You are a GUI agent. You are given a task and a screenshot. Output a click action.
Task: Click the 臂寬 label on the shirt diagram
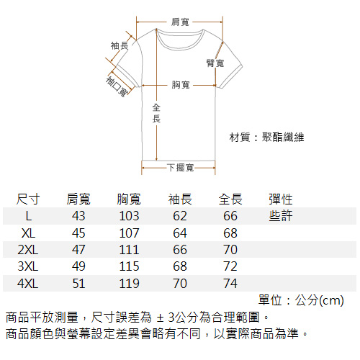point(215,63)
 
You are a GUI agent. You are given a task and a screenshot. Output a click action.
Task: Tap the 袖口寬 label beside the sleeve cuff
point(117,86)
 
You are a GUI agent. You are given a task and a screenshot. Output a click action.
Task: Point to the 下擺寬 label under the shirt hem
point(181,168)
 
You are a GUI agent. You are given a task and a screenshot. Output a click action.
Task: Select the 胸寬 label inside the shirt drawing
point(181,85)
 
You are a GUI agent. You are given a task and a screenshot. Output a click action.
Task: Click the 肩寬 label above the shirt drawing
point(180,22)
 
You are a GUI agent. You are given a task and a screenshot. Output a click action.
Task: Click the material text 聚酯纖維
point(283,138)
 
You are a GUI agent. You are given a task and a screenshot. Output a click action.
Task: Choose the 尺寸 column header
point(28,199)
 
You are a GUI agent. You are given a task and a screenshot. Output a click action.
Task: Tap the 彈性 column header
point(281,199)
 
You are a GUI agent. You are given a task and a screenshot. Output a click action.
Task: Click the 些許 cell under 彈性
point(281,215)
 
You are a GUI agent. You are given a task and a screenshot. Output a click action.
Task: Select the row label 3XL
point(28,266)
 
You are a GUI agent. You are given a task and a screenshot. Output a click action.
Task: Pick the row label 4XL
point(28,284)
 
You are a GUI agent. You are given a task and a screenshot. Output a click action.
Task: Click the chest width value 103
point(129,216)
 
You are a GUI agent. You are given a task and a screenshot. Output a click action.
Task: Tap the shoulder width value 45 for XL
point(78,233)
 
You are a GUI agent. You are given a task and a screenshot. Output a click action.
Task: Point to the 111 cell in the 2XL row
point(129,250)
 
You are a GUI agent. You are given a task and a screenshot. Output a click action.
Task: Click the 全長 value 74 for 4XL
point(230,284)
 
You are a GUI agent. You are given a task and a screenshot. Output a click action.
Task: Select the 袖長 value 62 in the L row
point(180,216)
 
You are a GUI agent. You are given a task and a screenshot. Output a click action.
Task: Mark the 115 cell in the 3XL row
point(129,266)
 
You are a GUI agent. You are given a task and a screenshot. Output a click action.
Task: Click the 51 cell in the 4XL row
point(78,284)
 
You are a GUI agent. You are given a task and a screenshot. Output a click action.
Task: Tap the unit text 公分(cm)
point(320,300)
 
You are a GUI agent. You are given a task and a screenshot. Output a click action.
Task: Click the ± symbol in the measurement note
point(160,318)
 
